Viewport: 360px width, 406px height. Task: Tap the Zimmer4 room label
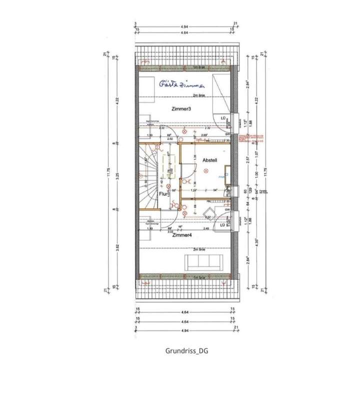tap(182, 235)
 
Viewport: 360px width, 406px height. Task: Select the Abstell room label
tap(209, 160)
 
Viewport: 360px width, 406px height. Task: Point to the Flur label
tap(163, 194)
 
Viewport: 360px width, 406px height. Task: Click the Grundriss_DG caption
tap(186, 350)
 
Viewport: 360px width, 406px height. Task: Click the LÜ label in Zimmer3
tap(222, 118)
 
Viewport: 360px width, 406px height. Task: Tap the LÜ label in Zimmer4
tap(222, 225)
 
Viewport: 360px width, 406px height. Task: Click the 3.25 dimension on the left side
tap(116, 175)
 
